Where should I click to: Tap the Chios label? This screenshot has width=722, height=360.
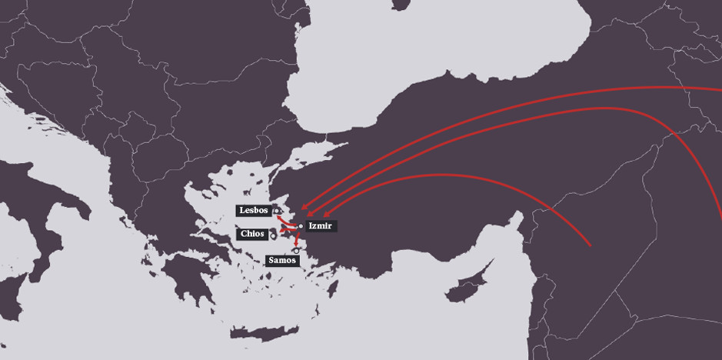(x=252, y=234)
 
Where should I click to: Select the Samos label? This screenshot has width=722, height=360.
(x=282, y=261)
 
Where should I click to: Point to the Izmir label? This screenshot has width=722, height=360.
(x=321, y=226)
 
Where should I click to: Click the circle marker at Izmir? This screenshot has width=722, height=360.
(x=301, y=226)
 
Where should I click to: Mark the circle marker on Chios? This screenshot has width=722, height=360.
(x=273, y=236)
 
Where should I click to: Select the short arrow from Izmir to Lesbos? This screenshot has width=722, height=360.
(x=288, y=218)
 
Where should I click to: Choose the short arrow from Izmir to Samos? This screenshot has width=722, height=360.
(x=298, y=238)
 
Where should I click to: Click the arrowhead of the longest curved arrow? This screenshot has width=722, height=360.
(x=304, y=207)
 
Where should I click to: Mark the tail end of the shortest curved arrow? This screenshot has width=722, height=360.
(x=589, y=245)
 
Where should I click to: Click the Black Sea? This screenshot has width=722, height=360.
(x=431, y=54)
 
